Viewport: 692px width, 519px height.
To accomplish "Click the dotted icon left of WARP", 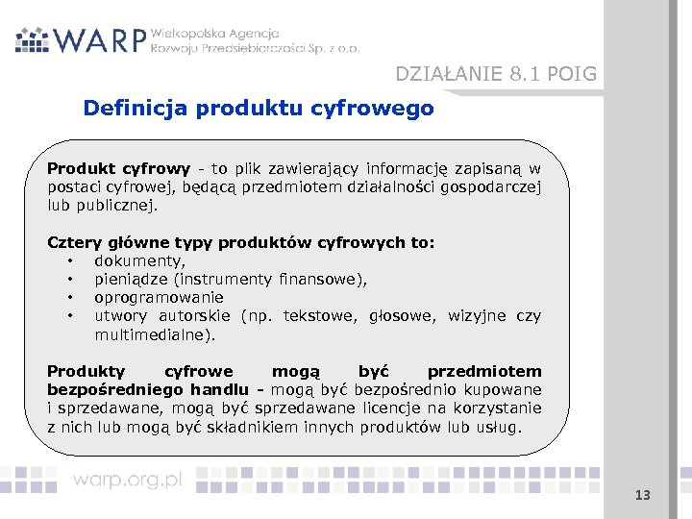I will [32, 38].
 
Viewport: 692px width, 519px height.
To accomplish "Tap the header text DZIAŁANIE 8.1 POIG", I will [496, 74].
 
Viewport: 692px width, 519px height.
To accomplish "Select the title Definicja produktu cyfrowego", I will [259, 108].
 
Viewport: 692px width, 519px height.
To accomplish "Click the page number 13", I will [642, 495].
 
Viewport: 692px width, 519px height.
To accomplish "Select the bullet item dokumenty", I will [140, 260].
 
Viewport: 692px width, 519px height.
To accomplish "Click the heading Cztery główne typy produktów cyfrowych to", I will [241, 242].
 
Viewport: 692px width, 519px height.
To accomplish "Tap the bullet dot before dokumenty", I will [70, 261].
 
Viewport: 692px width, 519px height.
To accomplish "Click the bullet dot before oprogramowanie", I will [70, 298].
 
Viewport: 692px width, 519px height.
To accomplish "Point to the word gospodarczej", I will [491, 186].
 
